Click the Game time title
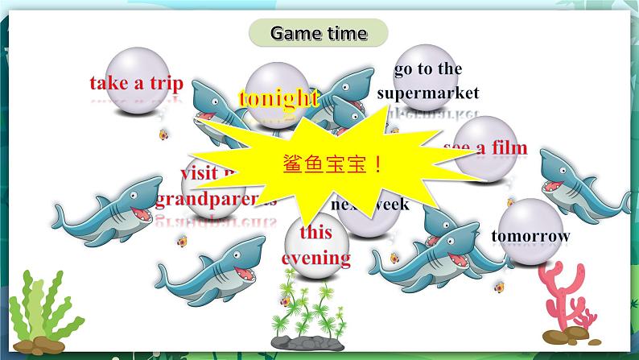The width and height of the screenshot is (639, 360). click(319, 33)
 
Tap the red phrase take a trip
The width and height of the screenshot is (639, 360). click(136, 83)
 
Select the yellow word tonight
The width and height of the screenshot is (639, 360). click(278, 98)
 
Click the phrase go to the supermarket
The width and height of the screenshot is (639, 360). click(427, 81)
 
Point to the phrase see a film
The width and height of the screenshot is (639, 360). click(485, 147)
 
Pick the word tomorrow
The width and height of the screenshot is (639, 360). click(530, 236)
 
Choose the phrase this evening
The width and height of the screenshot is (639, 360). click(315, 246)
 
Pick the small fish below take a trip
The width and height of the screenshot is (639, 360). click(163, 134)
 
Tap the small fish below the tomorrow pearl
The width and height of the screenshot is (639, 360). click(499, 286)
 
